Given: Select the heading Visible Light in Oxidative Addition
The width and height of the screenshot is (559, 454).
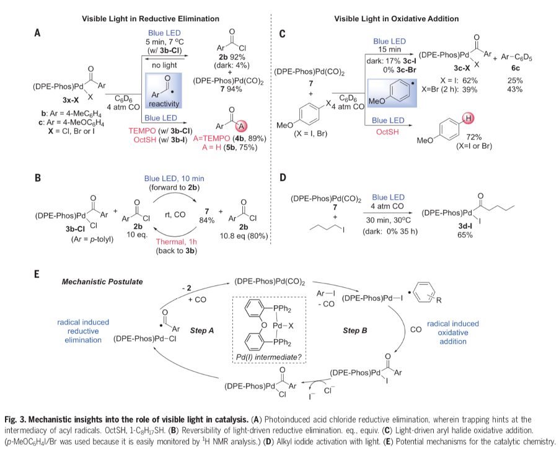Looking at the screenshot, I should [x=397, y=19].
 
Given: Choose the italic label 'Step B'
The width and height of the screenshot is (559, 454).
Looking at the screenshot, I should [x=355, y=331].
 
